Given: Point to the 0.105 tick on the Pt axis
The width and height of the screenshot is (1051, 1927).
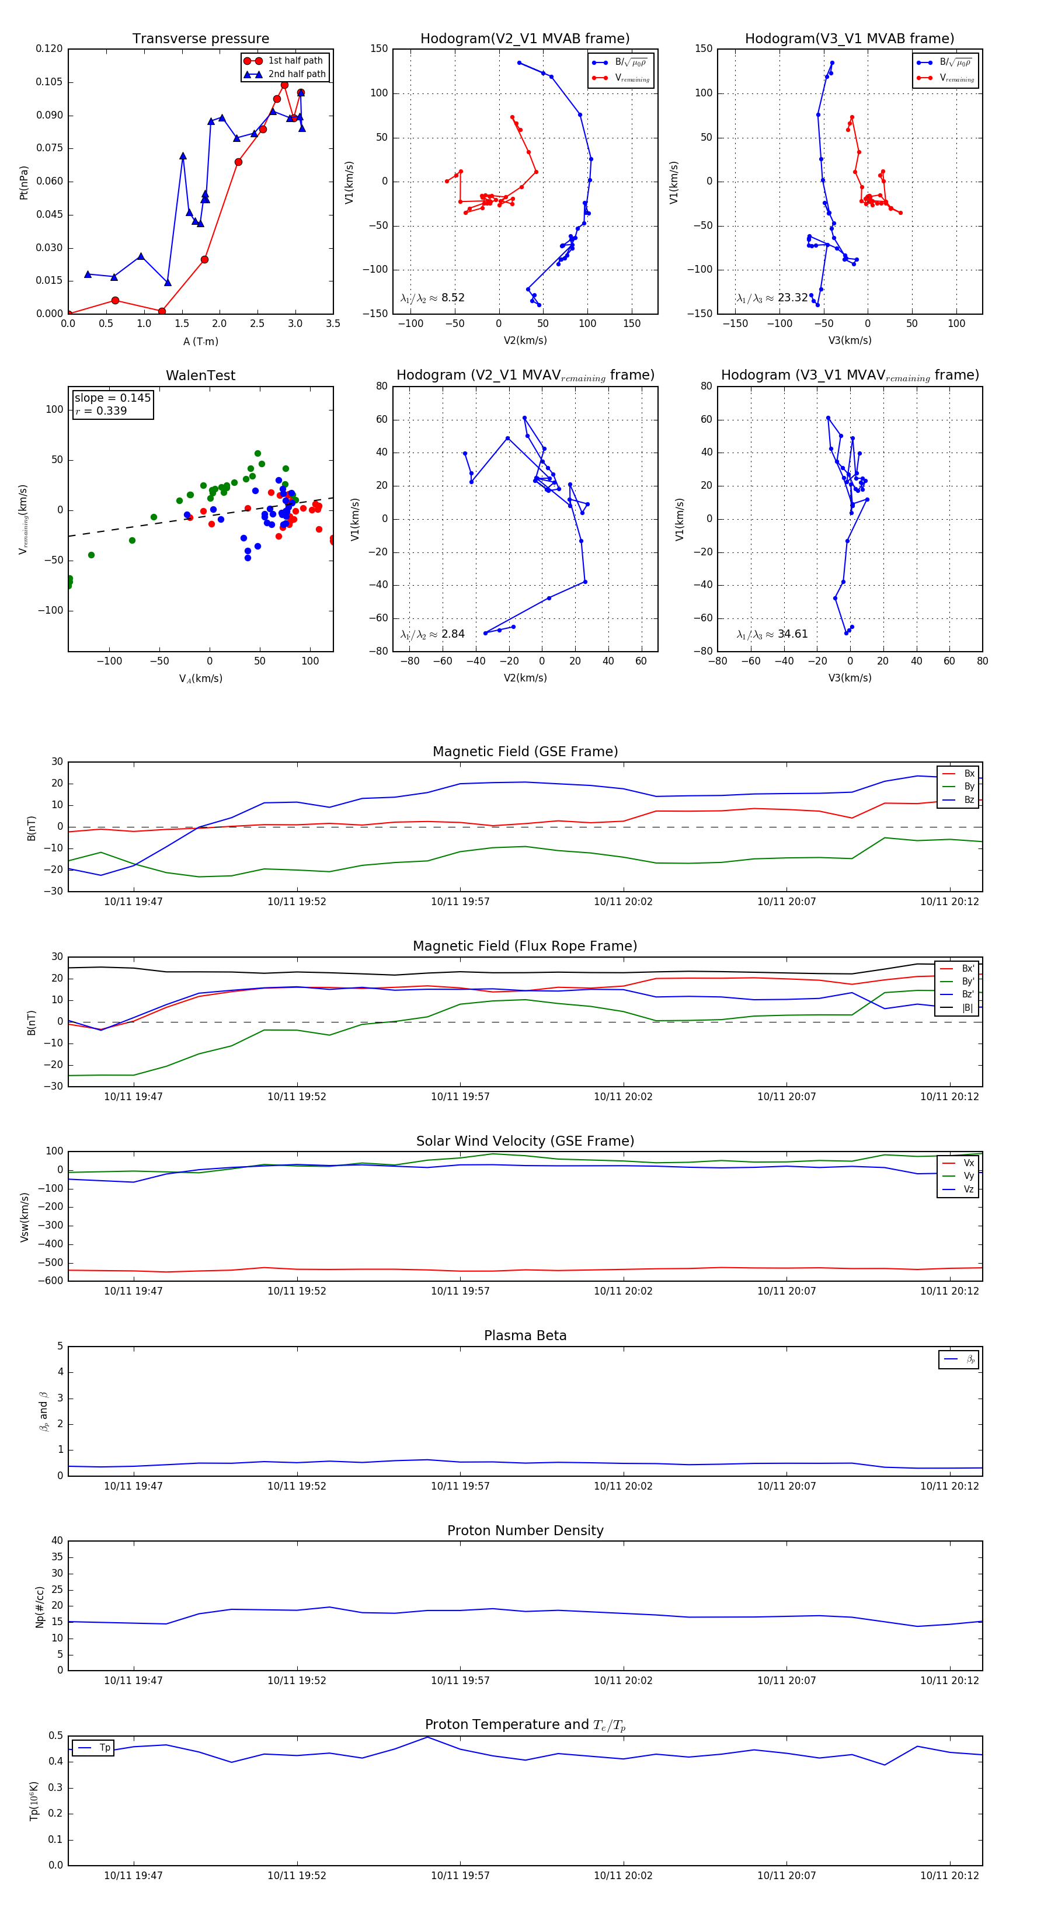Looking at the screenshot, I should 50,82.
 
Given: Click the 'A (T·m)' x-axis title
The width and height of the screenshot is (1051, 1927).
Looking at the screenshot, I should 200,342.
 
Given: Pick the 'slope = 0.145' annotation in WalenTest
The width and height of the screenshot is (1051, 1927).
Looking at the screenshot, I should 112,398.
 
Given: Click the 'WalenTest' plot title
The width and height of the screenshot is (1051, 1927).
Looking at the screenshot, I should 200,375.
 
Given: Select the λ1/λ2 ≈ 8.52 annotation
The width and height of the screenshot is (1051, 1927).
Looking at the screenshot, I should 432,298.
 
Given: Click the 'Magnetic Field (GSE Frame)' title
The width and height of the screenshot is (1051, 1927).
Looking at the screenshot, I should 525,752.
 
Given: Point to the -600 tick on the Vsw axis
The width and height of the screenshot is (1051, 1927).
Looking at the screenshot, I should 53,1281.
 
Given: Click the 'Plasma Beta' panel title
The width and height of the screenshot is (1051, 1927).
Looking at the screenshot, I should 525,1336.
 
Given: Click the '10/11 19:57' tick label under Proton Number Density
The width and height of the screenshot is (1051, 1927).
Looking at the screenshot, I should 460,1680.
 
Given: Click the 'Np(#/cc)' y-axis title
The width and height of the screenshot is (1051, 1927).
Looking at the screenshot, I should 40,1606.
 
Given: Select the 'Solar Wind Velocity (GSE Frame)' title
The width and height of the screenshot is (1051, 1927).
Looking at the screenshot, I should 525,1141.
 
